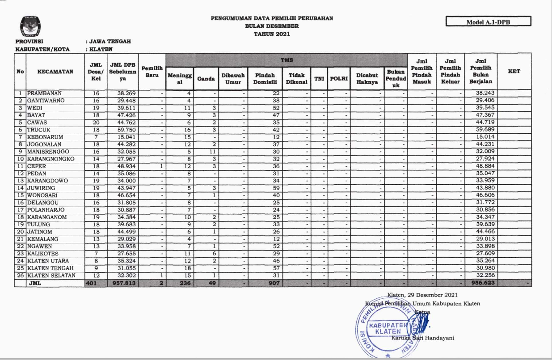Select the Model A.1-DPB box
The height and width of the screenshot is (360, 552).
(488, 21)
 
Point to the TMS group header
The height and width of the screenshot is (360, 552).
(286, 59)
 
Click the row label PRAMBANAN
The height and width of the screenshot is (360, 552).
(45, 93)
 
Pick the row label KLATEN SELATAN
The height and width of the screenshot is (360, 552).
(51, 275)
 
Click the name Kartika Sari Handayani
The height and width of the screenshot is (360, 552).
(423, 338)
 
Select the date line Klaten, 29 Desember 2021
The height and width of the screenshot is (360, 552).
(422, 295)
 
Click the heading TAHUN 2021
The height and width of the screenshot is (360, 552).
(272, 34)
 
